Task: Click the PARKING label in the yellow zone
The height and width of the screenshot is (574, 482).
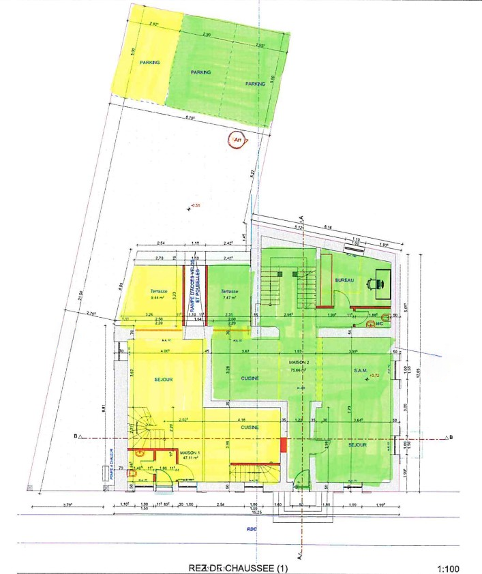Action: pyautogui.click(x=150, y=62)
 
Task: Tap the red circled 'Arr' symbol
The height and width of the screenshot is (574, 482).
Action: pyautogui.click(x=237, y=141)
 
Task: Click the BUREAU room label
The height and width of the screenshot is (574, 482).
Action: pyautogui.click(x=345, y=280)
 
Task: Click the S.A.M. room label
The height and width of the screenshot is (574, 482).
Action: pyautogui.click(x=361, y=370)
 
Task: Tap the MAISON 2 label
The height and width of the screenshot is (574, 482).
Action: pyautogui.click(x=300, y=362)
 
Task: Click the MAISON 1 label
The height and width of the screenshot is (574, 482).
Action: pyautogui.click(x=189, y=453)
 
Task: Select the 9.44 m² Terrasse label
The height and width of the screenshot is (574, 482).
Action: pyautogui.click(x=160, y=294)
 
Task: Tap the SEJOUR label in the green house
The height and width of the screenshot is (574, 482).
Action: pyautogui.click(x=357, y=444)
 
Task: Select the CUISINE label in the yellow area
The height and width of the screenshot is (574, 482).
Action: pyautogui.click(x=250, y=427)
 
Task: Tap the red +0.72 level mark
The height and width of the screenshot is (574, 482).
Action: pyautogui.click(x=373, y=376)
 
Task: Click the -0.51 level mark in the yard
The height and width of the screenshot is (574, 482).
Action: pyautogui.click(x=196, y=205)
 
